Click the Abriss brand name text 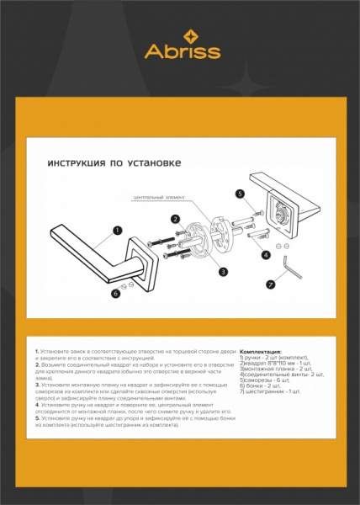pos(183,52)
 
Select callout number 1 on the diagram pos(117,228)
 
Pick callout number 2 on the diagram pos(175,218)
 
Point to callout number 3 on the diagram pos(223,271)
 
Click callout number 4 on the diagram pos(266,253)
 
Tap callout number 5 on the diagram pos(240,194)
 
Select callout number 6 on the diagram pos(116,294)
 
